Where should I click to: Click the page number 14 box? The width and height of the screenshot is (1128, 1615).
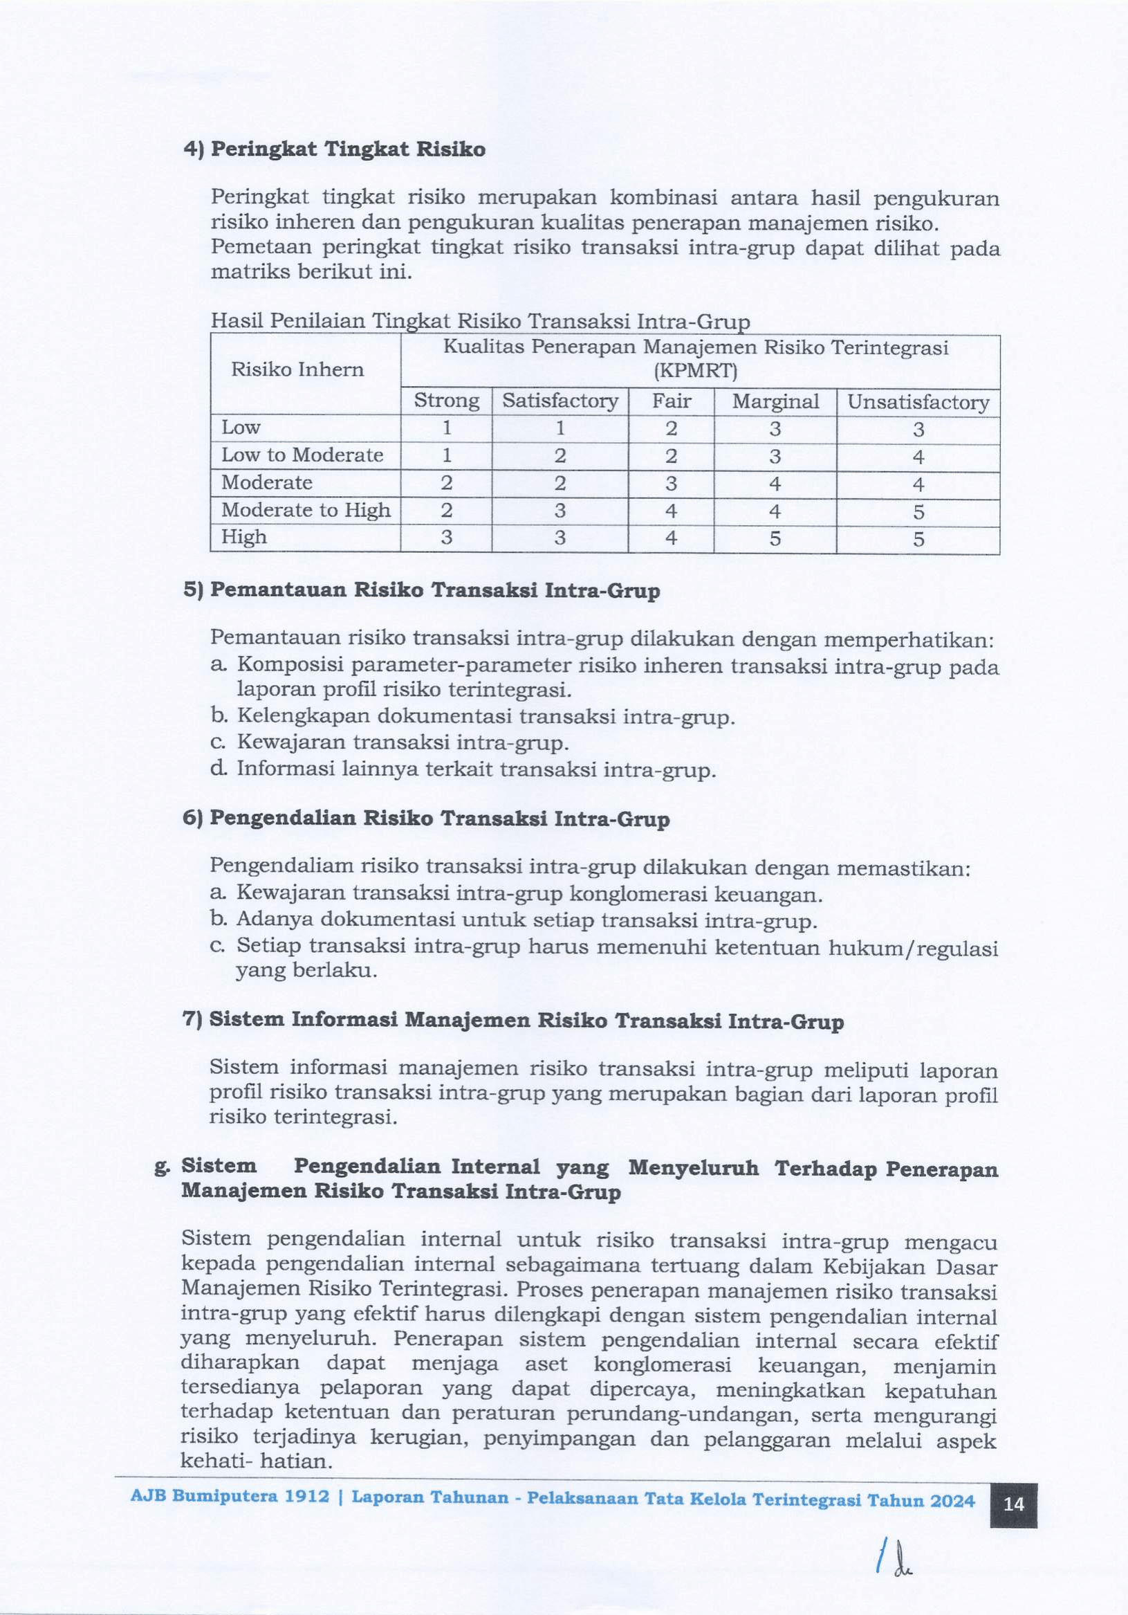tap(1013, 1504)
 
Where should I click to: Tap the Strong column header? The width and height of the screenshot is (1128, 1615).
tap(446, 401)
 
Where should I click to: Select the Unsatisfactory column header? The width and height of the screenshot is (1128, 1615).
tap(918, 402)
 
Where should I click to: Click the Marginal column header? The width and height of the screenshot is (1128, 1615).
tap(775, 401)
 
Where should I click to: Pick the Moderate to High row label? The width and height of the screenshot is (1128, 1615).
tap(306, 510)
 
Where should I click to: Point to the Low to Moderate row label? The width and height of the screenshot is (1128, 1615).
tap(302, 455)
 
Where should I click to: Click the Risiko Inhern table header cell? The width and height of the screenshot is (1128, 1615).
tap(297, 369)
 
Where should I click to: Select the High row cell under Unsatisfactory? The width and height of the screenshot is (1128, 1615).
tap(918, 540)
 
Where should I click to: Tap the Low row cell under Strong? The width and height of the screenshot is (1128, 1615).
tap(446, 428)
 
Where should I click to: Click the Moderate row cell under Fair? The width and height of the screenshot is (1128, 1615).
tap(671, 483)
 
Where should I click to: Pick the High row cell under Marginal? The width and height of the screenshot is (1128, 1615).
tap(775, 539)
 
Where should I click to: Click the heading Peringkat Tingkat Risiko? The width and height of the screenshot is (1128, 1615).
tap(348, 150)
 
